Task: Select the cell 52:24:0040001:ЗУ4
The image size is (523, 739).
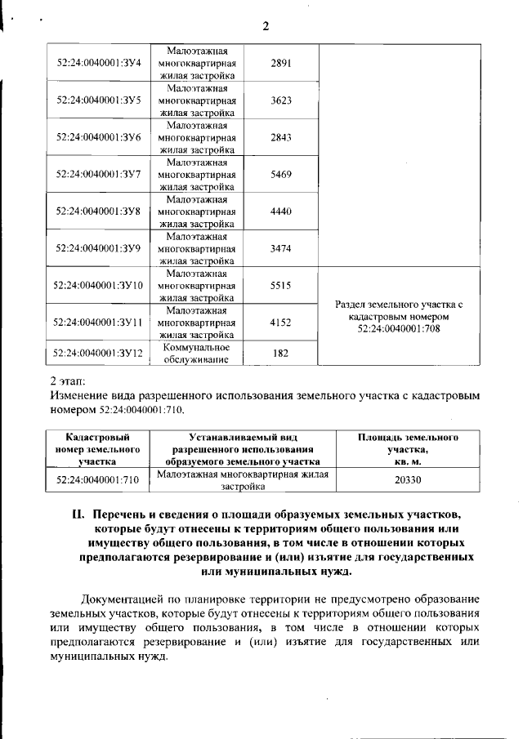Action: [x=99, y=63]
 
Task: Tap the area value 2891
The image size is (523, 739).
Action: [x=280, y=63]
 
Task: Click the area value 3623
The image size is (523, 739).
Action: [x=280, y=100]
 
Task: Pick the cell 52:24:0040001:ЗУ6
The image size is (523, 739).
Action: [x=99, y=137]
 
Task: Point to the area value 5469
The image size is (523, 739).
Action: [x=280, y=174]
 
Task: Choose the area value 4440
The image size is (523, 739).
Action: [x=280, y=211]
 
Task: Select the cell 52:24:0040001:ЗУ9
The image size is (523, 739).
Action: [x=99, y=247]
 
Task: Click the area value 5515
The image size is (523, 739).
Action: [x=280, y=285]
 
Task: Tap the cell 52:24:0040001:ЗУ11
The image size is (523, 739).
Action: [x=99, y=322]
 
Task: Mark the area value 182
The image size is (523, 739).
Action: [x=280, y=353]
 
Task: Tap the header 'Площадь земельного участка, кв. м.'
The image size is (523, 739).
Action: [x=408, y=449]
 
